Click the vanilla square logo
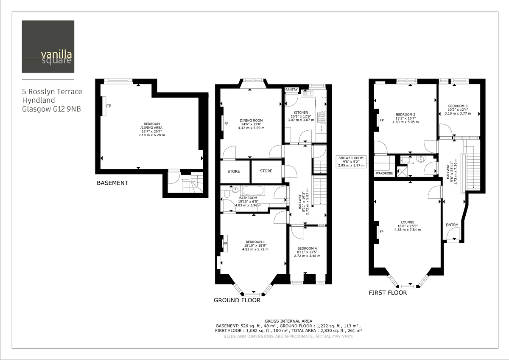click(48, 47)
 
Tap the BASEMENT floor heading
click(112, 183)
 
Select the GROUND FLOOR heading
click(237, 300)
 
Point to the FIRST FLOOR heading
click(388, 292)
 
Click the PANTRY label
click(291, 90)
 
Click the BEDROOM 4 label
click(307, 248)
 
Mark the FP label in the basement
click(109, 106)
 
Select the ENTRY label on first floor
click(452, 225)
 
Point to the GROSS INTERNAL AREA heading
click(288, 321)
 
